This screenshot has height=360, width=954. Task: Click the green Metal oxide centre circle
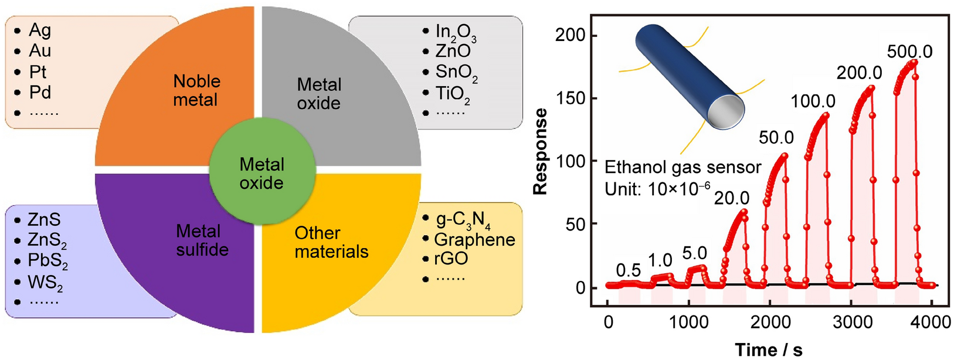262,173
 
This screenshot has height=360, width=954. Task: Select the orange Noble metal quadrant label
196,90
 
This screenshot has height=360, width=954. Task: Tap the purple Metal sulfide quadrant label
202,240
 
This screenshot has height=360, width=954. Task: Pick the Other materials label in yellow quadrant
331,242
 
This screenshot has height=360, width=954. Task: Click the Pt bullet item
38,72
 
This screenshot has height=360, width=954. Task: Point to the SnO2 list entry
456,73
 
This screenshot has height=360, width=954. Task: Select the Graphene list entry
474,240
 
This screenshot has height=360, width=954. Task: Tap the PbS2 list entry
47,261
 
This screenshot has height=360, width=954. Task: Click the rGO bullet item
451,259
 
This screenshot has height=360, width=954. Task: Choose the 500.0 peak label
909,52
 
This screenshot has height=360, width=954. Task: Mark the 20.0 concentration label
731,199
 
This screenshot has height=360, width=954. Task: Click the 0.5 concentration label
628,270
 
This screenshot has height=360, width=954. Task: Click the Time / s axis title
768,349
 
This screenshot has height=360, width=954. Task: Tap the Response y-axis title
540,151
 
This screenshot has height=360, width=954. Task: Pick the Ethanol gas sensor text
683,168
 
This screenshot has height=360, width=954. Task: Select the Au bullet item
40,51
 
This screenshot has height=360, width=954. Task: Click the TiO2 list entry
452,94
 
